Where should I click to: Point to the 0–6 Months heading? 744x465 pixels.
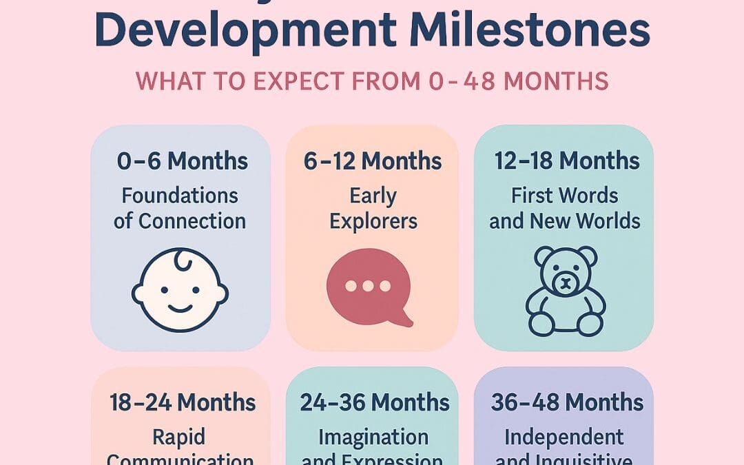coord(182,161)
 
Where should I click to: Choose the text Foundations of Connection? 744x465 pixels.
coord(180,209)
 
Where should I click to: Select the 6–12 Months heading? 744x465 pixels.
coord(373,161)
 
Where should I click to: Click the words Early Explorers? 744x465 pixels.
coord(373,209)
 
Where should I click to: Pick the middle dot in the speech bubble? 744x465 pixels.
coord(368,285)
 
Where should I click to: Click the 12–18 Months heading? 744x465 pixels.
coord(566,161)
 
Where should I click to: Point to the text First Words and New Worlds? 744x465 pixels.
coord(565,209)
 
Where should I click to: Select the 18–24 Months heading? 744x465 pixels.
coord(183,402)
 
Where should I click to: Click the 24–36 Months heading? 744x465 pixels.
coord(374,402)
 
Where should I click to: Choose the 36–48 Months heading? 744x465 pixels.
coord(566,402)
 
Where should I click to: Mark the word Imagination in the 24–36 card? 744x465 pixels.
coord(373,437)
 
